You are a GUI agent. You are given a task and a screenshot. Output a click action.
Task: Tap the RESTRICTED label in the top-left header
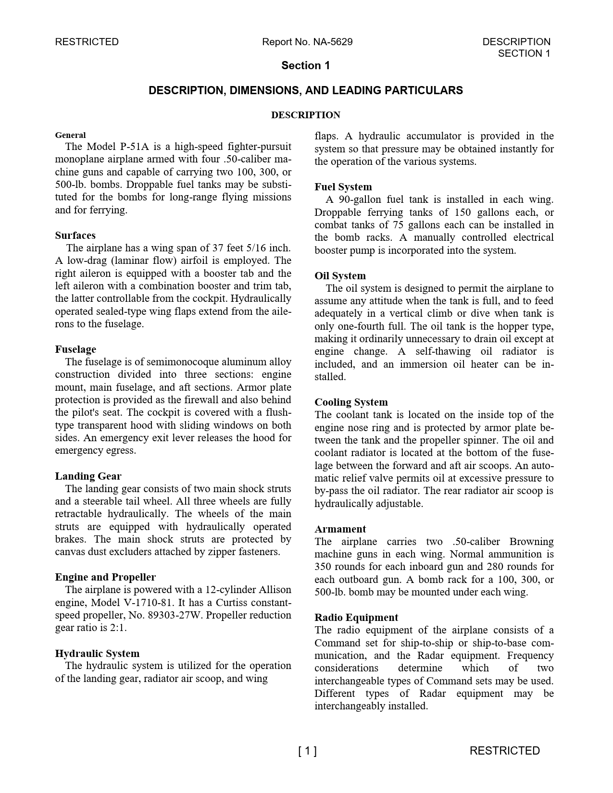coord(87,42)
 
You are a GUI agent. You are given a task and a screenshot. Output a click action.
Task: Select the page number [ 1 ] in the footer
coord(307,751)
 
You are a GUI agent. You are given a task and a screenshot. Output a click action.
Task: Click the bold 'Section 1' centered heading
coord(306,66)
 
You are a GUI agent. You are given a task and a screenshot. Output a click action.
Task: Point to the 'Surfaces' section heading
coord(75,235)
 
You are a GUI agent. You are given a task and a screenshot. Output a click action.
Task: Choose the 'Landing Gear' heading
coord(88,476)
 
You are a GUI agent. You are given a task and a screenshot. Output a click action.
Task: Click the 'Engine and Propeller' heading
coord(105,577)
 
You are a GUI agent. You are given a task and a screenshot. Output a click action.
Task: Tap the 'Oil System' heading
coord(340,276)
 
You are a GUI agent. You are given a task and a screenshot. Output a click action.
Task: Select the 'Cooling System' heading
coord(351,402)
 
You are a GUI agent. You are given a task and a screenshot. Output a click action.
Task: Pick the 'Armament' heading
coord(340,529)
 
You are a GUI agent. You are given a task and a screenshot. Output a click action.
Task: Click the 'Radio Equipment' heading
coord(356,618)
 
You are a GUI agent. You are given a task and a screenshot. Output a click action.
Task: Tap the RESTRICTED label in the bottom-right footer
coord(504,751)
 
